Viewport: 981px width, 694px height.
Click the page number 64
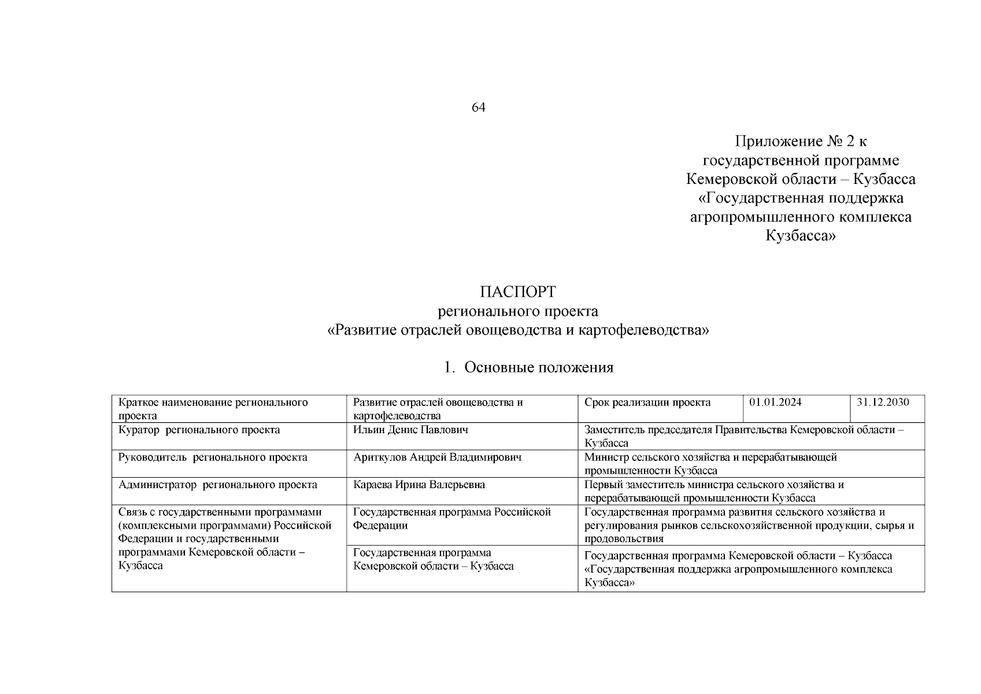click(478, 108)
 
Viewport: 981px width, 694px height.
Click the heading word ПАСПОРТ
click(517, 291)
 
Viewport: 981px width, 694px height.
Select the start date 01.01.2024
click(775, 403)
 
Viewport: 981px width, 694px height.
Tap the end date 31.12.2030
click(882, 403)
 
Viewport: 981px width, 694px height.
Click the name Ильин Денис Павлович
click(410, 430)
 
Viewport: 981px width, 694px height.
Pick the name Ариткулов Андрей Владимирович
click(437, 457)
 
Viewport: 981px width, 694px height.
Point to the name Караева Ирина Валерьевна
click(419, 485)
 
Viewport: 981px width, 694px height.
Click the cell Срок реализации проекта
click(647, 403)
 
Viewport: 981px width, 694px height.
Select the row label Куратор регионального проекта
click(199, 430)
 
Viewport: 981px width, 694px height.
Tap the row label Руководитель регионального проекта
click(213, 457)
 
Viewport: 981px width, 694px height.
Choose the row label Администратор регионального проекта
click(217, 485)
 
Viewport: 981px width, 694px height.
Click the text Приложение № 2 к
click(801, 141)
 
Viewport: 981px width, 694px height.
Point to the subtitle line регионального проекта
click(517, 312)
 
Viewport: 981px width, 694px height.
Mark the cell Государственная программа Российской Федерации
click(451, 519)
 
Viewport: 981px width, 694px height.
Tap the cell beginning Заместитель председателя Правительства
click(743, 437)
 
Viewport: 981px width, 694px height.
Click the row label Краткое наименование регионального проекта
click(213, 409)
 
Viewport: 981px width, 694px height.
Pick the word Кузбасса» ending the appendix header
click(801, 236)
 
